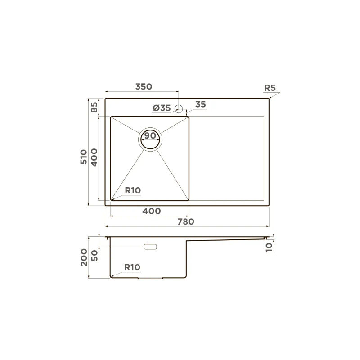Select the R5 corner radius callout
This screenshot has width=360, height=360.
pyautogui.click(x=270, y=88)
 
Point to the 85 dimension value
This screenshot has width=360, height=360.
pyautogui.click(x=94, y=108)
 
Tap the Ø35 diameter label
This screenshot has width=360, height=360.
pyautogui.click(x=162, y=108)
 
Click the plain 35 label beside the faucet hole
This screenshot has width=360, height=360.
pyautogui.click(x=200, y=104)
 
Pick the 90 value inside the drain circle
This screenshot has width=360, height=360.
pyautogui.click(x=150, y=136)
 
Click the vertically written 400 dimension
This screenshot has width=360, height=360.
pyautogui.click(x=94, y=157)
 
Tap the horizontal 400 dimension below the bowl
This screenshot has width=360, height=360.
pyautogui.click(x=152, y=211)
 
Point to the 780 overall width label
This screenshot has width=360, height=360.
pyautogui.click(x=186, y=221)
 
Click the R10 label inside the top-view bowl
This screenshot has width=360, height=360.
pyautogui.click(x=133, y=190)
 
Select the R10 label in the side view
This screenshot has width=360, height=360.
pyautogui.click(x=132, y=267)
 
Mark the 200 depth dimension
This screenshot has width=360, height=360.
pyautogui.click(x=84, y=257)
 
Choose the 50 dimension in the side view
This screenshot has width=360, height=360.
pyautogui.click(x=94, y=255)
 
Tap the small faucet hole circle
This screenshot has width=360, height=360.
pyautogui.click(x=179, y=108)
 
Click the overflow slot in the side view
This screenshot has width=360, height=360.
pyautogui.click(x=150, y=247)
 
